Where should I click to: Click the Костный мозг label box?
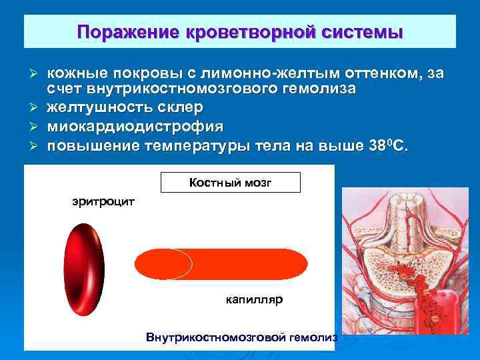coord(230,182)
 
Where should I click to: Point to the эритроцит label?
coord(103,201)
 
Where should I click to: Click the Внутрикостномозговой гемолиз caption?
coord(241,338)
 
